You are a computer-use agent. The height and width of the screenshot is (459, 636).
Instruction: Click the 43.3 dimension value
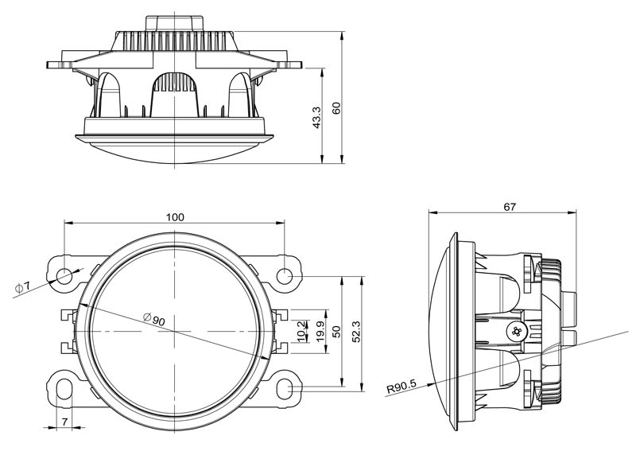click(x=316, y=118)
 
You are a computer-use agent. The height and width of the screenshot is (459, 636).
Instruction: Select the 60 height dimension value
click(x=336, y=107)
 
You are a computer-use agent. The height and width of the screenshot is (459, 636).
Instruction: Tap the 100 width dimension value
click(x=175, y=217)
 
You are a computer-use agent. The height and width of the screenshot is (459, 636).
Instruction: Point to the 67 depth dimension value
click(x=510, y=207)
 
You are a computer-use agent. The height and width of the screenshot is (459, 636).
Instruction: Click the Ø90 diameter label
click(x=153, y=320)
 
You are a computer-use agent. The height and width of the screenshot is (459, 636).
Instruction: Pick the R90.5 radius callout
click(x=401, y=389)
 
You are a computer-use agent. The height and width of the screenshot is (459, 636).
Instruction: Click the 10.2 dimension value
click(x=300, y=329)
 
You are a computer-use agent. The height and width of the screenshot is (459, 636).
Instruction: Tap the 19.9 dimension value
click(x=319, y=329)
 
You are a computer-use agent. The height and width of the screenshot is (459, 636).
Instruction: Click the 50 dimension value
click(x=336, y=330)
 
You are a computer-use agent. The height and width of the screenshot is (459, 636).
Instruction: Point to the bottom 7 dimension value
click(x=64, y=422)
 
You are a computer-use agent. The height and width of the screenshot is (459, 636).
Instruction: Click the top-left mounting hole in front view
click(x=64, y=276)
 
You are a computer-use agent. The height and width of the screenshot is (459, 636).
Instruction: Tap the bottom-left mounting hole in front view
click(x=64, y=387)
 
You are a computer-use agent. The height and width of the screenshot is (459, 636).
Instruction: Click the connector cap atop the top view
click(x=174, y=21)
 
